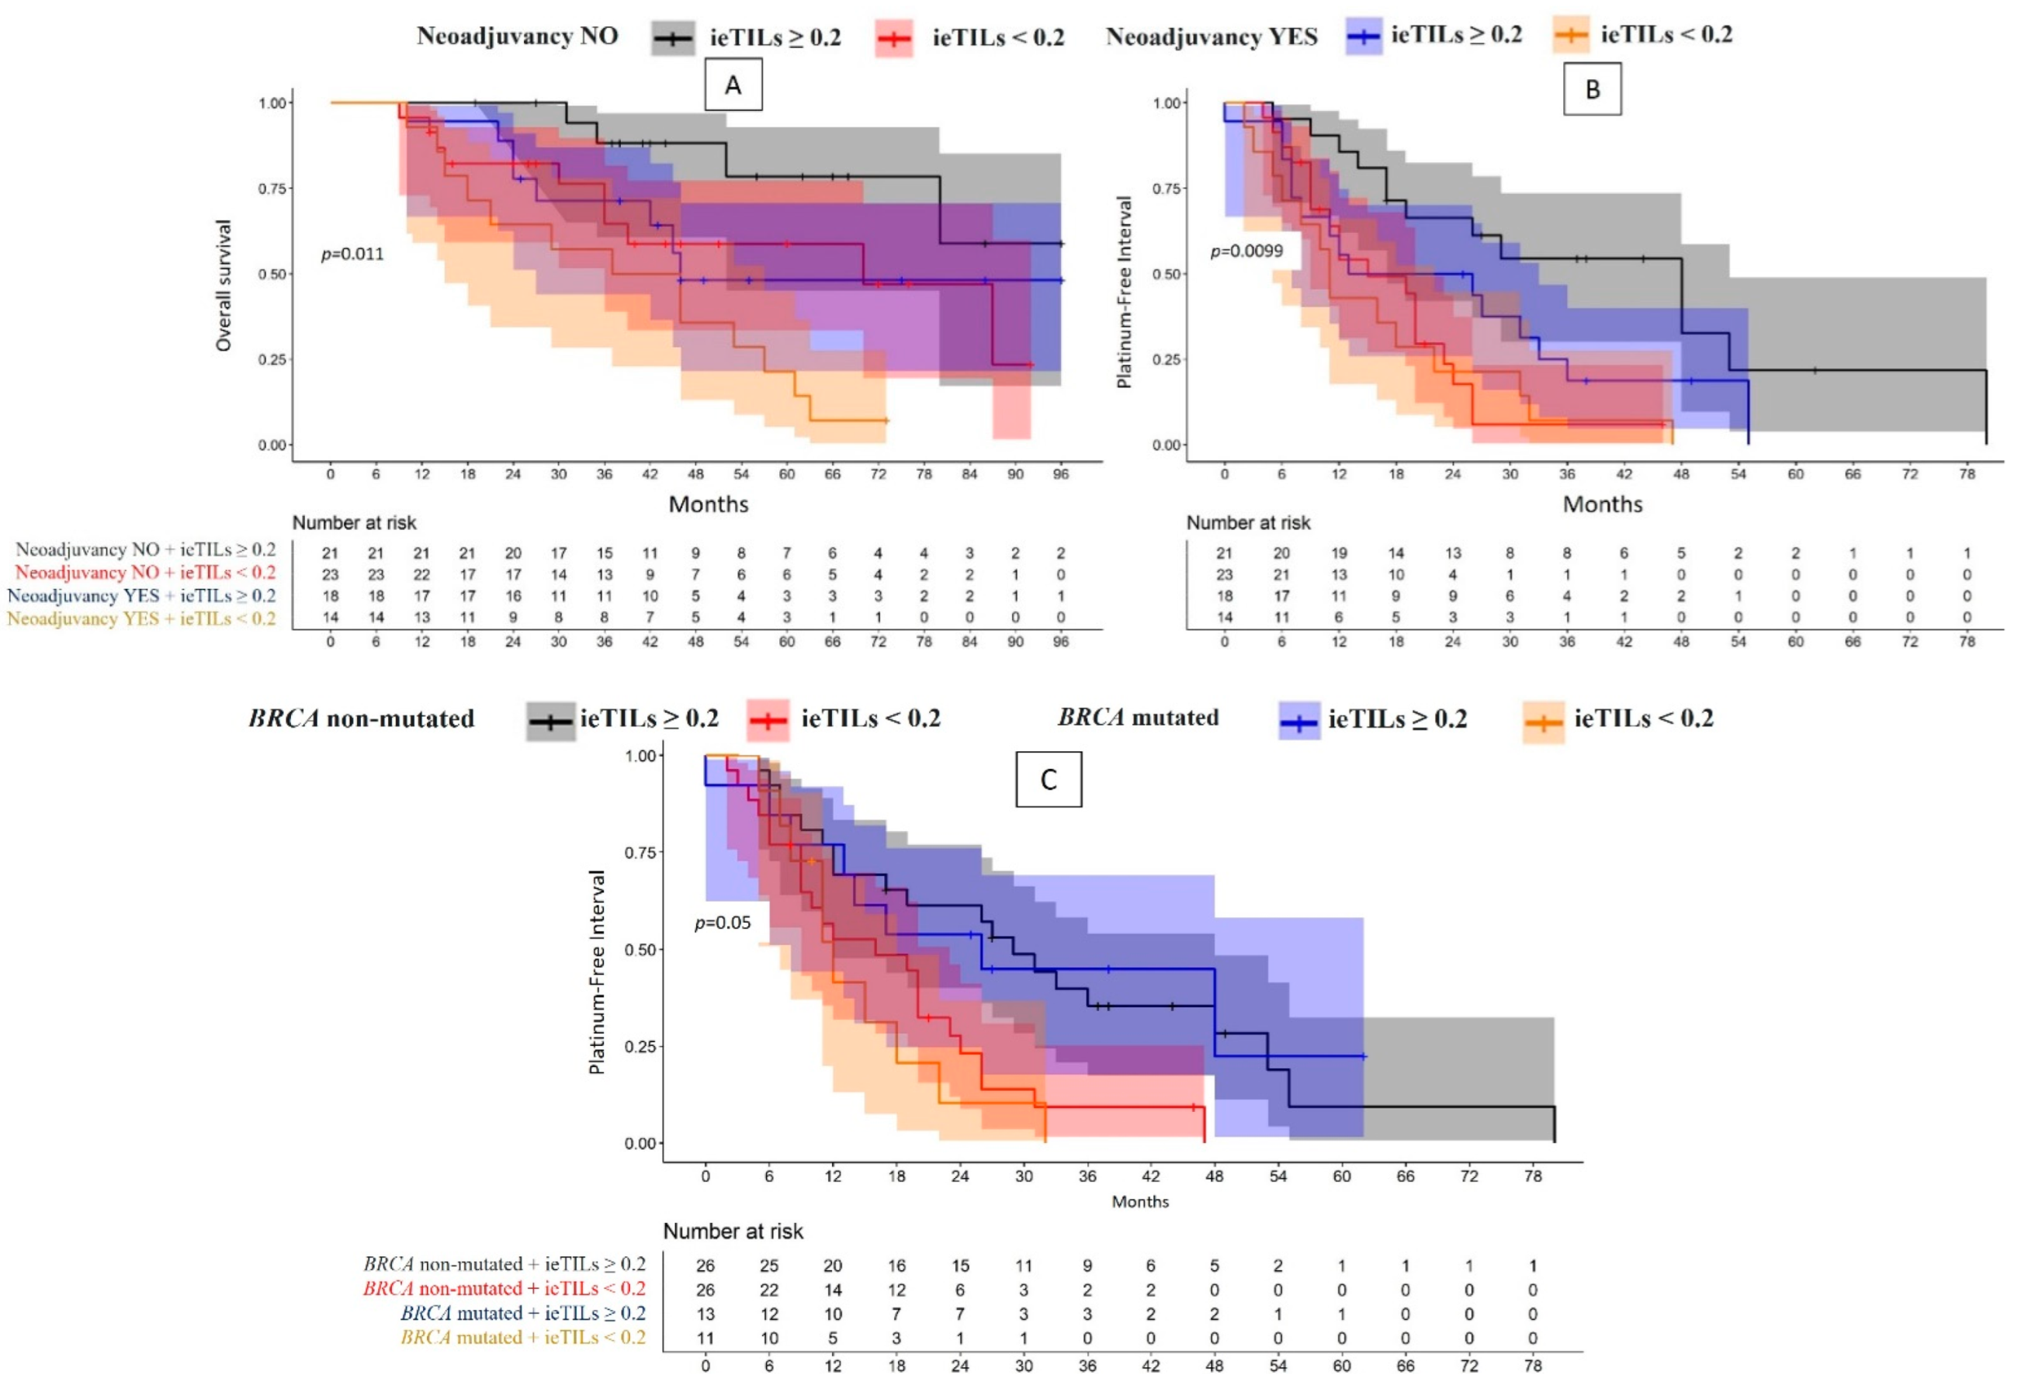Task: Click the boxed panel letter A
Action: point(733,85)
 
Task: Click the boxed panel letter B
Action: point(1592,88)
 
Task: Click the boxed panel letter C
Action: point(1048,779)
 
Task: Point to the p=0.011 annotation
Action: point(352,254)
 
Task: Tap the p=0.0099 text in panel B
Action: point(1246,251)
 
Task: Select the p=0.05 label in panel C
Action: point(723,923)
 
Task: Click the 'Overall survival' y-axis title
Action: point(224,286)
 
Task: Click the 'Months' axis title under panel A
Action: point(709,504)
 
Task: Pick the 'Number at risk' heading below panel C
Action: point(733,1231)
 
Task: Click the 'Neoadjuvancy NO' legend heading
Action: point(517,36)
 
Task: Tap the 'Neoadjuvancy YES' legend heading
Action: point(1212,36)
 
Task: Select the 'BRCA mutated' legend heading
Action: point(1138,717)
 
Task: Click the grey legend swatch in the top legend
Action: point(673,38)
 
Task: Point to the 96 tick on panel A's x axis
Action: point(1060,474)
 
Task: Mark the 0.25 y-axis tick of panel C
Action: point(640,1046)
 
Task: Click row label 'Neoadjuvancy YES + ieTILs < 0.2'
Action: point(141,618)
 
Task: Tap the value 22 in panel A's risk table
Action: point(421,574)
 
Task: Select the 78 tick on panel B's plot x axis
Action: point(1967,474)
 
